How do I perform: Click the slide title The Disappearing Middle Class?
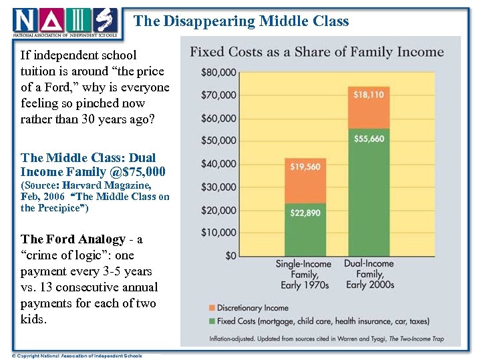[241, 21]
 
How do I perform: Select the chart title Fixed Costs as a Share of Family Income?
[317, 52]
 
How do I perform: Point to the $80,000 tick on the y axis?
[219, 72]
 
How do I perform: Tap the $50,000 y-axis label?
[219, 141]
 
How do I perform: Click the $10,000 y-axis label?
[219, 233]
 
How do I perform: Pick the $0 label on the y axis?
[228, 255]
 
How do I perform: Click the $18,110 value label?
[369, 95]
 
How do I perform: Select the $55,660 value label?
[369, 139]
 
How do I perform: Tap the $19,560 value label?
[305, 167]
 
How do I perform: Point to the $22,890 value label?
[305, 213]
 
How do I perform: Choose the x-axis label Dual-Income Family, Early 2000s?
[369, 274]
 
